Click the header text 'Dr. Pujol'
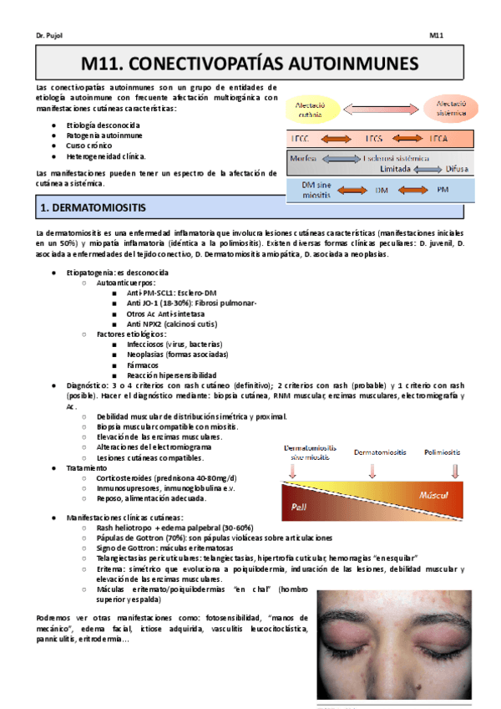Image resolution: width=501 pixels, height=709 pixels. coord(51,36)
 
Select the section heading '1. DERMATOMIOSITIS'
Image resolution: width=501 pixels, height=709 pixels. coord(94,205)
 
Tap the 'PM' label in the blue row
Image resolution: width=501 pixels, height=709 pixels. coord(443,191)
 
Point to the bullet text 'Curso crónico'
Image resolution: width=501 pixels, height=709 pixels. coord(89,145)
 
